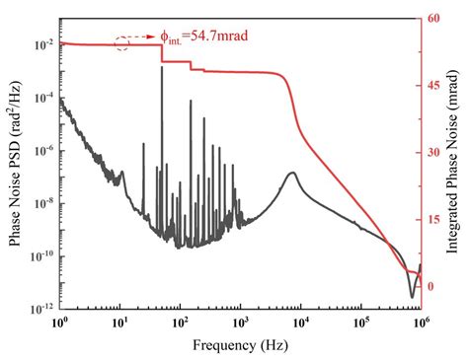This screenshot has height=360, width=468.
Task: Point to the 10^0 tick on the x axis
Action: pos(60,323)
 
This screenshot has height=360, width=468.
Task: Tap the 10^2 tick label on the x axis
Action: pos(181,323)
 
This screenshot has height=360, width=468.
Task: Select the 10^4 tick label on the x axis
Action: pos(301,323)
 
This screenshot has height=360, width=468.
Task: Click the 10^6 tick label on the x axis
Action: pos(422,323)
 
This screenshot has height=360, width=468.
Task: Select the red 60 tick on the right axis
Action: pos(432,19)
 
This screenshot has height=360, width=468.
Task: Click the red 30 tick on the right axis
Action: pos(432,152)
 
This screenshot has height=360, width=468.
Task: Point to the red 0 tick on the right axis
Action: pos(430,286)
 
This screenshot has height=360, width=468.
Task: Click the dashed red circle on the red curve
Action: pos(123,42)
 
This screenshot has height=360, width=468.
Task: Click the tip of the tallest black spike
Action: pos(161,67)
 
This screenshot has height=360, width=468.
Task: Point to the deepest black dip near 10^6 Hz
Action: pos(413,296)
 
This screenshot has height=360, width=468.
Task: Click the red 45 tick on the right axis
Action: pos(432,86)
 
